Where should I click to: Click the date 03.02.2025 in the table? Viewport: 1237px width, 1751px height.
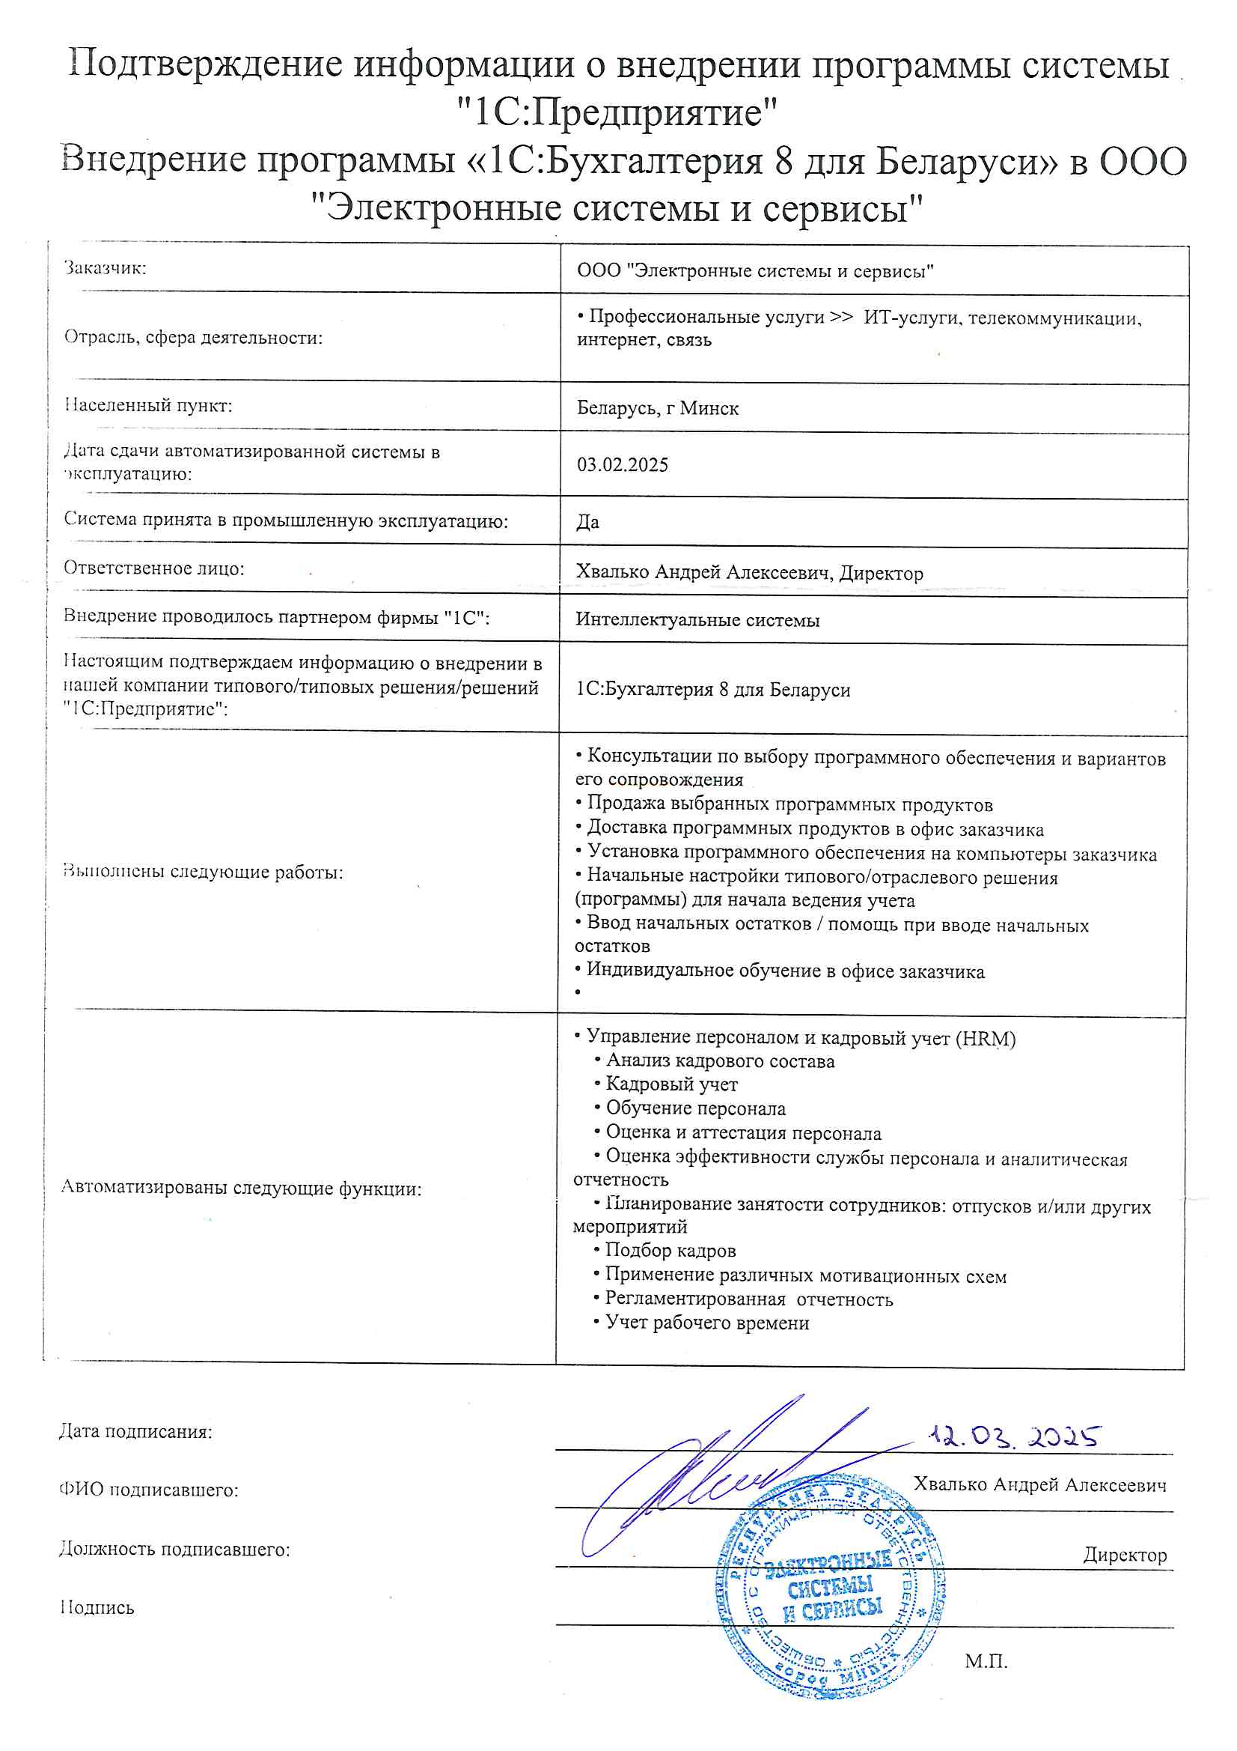pos(622,464)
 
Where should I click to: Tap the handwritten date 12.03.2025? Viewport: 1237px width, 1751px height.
pos(1014,1436)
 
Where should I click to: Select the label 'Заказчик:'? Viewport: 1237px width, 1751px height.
pos(106,267)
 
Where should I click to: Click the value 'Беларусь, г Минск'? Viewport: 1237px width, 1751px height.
pos(657,408)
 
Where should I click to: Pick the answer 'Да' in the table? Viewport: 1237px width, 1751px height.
pos(587,522)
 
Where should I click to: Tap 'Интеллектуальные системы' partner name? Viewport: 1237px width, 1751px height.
pos(697,620)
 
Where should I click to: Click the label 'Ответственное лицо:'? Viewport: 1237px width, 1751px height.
pos(153,568)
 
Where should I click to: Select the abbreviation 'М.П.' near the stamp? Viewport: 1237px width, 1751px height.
pos(986,1660)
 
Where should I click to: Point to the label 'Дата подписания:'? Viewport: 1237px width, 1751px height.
pos(135,1431)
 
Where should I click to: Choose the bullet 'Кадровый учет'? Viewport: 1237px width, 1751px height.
pos(671,1084)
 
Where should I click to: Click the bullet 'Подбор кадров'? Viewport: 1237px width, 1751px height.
pos(670,1250)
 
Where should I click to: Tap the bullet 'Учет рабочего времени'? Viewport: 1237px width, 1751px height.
pos(706,1323)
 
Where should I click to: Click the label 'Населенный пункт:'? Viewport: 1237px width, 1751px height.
pos(148,405)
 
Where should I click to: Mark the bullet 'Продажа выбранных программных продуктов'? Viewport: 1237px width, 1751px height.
pos(789,804)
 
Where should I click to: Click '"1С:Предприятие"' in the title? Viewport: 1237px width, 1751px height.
pos(617,113)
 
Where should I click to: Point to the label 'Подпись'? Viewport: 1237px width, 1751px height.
pos(97,1608)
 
